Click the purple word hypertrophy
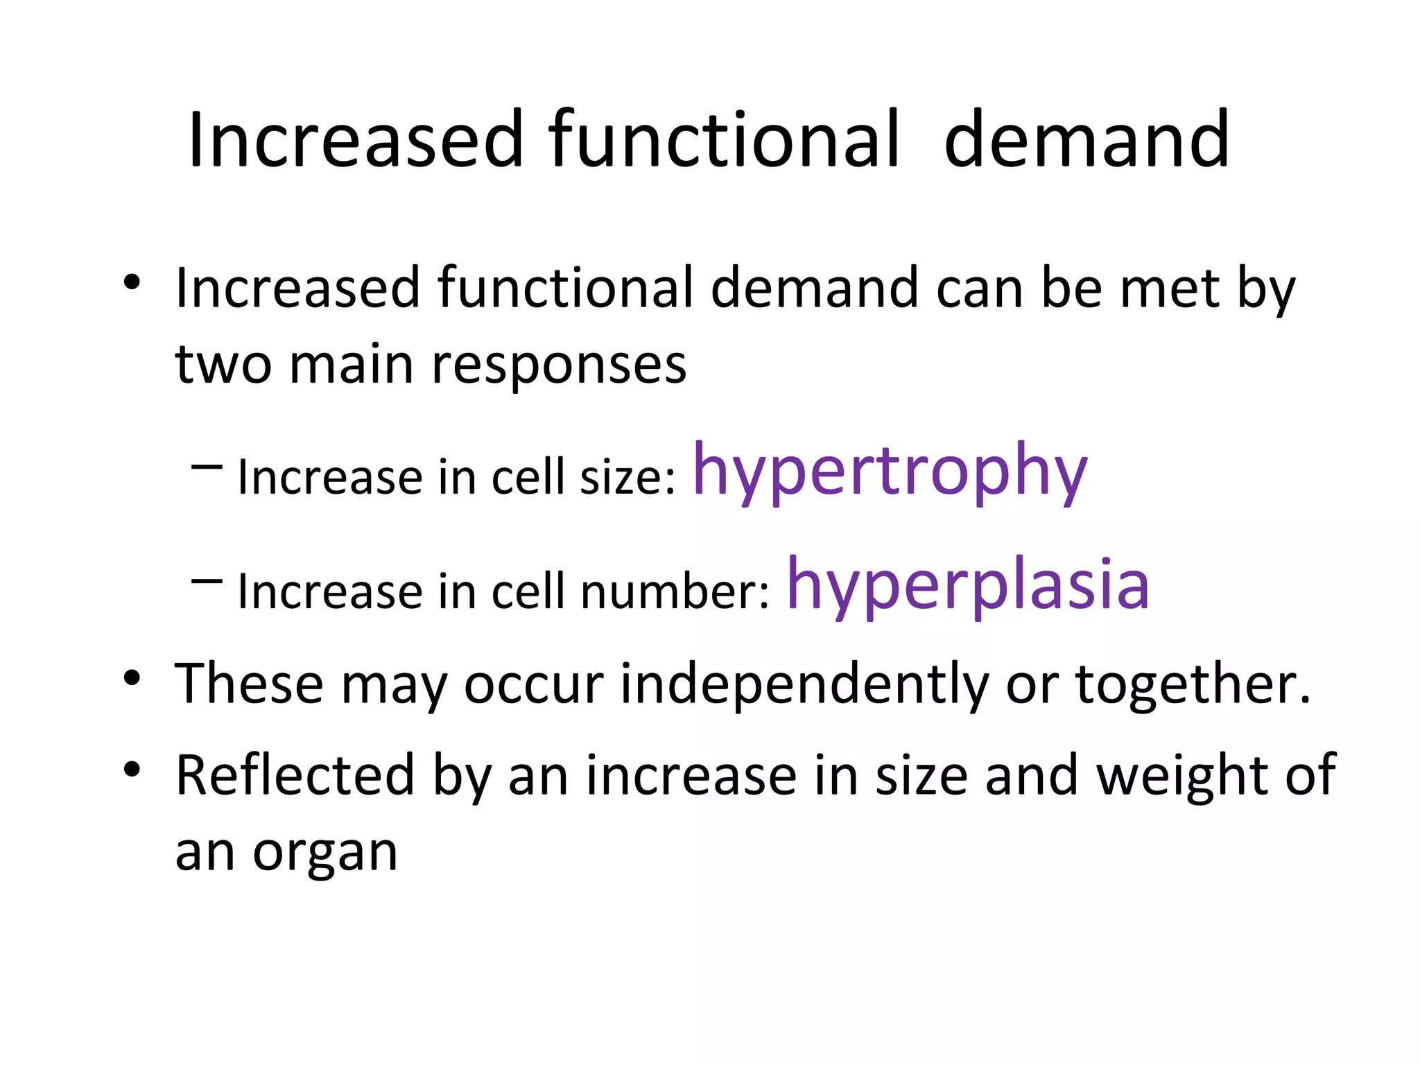[890, 471]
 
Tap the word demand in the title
[1086, 140]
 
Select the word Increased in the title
[355, 140]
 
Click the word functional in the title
[724, 140]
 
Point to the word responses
[559, 365]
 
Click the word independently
[803, 684]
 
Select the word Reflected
[295, 775]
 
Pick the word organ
[324, 853]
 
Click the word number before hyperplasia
[674, 592]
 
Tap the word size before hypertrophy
[627, 478]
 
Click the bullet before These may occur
[132, 678]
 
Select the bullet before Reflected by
[132, 769]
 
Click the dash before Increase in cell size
[207, 468]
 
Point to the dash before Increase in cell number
[207, 582]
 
